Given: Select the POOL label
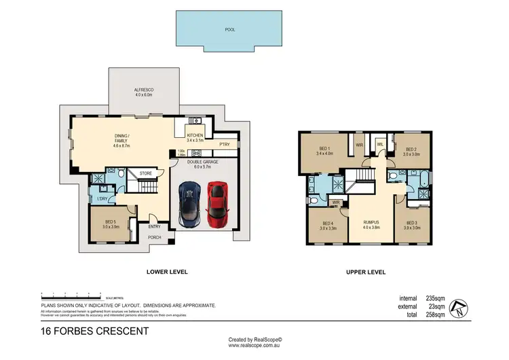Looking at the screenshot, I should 229,30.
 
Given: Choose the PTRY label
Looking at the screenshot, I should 224,144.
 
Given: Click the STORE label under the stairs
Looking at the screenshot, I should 146,174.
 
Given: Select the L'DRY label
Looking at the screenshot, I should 102,198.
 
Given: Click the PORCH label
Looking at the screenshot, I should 155,238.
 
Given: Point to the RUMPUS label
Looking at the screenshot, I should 370,222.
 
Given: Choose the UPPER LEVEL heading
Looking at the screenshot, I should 365,272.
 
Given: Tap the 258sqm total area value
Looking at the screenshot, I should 434,315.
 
